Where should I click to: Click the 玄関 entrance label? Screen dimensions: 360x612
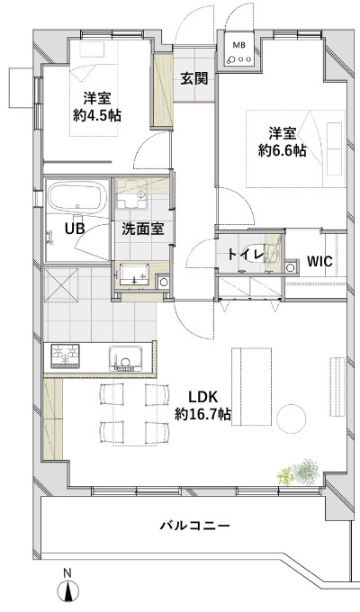(x=193, y=79)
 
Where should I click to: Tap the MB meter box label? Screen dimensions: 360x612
(x=238, y=45)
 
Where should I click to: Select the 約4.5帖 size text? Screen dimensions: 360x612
(x=97, y=115)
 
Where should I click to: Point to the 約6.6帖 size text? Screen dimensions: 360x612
(x=282, y=150)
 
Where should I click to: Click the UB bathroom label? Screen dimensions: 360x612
(x=75, y=229)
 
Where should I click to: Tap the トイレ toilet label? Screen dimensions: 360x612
(x=246, y=255)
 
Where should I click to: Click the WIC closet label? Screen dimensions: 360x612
(x=319, y=261)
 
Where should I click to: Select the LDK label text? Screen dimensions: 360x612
(x=202, y=398)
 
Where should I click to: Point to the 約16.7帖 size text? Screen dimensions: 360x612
(x=202, y=414)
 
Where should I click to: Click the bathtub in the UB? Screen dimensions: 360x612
(x=78, y=197)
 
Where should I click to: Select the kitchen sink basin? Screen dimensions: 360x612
(x=126, y=357)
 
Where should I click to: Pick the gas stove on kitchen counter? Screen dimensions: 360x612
(x=65, y=355)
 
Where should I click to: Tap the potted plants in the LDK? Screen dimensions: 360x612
(x=300, y=472)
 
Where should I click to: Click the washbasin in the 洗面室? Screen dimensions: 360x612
(x=134, y=274)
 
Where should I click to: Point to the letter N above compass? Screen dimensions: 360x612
(x=67, y=573)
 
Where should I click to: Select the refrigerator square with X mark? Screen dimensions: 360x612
(x=61, y=284)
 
